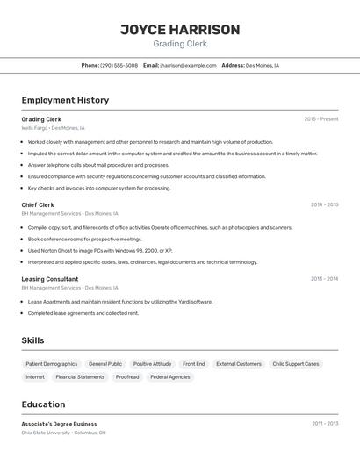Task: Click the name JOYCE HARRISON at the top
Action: [x=180, y=30]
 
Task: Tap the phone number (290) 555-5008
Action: [x=119, y=65]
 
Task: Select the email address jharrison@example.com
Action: [x=188, y=65]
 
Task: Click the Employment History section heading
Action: [x=65, y=100]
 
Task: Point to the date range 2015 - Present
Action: [x=320, y=119]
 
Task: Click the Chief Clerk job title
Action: [x=38, y=205]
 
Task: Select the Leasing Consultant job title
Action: [x=49, y=279]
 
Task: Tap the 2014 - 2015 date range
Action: [x=324, y=205]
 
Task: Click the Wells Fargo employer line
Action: [x=53, y=128]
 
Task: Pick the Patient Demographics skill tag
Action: [x=51, y=364]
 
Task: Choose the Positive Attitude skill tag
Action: [x=152, y=364]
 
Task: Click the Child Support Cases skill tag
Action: [x=296, y=364]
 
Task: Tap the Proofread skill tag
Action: [x=127, y=377]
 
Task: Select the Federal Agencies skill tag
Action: [x=169, y=377]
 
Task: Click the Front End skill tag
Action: [x=193, y=364]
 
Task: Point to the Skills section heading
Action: [x=33, y=340]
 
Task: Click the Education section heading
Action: [x=43, y=404]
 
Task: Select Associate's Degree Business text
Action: [x=59, y=424]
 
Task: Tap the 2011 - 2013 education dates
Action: [x=324, y=424]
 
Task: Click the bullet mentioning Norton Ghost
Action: [x=100, y=250]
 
